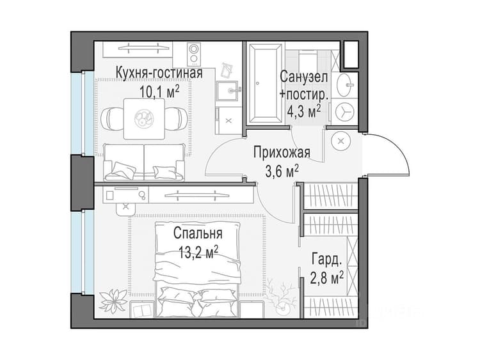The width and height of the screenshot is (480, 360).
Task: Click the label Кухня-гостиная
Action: pos(159,74)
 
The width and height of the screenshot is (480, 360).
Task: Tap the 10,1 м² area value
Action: pos(159,91)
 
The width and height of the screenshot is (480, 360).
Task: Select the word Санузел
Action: pos(303,77)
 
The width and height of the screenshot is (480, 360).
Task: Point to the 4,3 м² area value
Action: pos(303,111)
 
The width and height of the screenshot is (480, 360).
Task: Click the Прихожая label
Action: pos(282,152)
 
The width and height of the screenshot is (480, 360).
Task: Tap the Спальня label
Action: pos(198,233)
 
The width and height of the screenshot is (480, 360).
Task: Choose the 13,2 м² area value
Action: pos(198,253)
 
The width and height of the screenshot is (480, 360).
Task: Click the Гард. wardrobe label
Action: pos(326,260)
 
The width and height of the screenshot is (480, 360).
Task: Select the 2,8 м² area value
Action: pos(326,278)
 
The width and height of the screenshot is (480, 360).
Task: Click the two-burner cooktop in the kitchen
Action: pos(194,54)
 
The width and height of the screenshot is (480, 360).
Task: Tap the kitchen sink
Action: pos(228,91)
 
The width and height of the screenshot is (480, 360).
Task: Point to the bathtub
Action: pos(265,83)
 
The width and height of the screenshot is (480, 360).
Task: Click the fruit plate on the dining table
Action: pos(143,118)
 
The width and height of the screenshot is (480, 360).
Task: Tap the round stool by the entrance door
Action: pos(341,141)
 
